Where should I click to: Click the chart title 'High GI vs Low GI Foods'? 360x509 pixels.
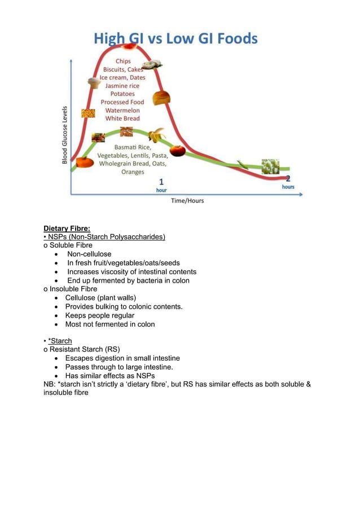(x=175, y=39)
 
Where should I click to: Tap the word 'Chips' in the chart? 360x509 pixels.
(x=123, y=61)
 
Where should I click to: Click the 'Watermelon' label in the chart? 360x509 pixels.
(x=122, y=110)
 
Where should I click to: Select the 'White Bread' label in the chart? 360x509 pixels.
(x=122, y=119)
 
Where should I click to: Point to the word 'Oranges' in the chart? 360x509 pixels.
(x=133, y=172)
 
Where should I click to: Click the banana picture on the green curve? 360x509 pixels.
(x=156, y=135)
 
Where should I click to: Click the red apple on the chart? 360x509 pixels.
(x=177, y=151)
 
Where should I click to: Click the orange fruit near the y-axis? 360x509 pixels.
(x=85, y=163)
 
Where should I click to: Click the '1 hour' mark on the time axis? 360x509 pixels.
(x=161, y=185)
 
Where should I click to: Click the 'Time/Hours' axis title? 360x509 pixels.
(x=188, y=201)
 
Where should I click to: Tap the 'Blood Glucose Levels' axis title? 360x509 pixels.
(x=65, y=135)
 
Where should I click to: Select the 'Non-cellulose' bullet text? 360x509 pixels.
(x=89, y=254)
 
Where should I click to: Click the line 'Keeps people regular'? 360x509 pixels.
(x=99, y=315)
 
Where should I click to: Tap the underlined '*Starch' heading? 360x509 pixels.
(x=60, y=341)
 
